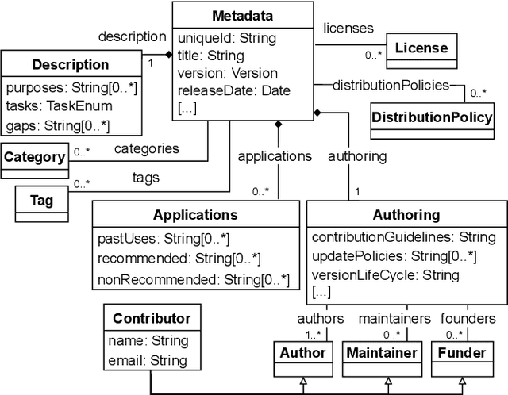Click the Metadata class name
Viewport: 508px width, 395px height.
[x=242, y=16]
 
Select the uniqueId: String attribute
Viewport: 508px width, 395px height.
[x=226, y=38]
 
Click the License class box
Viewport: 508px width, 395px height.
[x=421, y=48]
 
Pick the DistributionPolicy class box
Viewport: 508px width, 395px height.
[x=432, y=117]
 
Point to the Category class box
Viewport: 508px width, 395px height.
[x=34, y=157]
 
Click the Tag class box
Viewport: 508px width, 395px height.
[x=41, y=201]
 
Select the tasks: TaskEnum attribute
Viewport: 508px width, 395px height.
[x=59, y=106]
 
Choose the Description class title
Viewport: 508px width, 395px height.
[x=70, y=65]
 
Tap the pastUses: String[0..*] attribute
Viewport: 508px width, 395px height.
[x=163, y=238]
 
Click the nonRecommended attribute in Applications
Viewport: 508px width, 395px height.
[x=193, y=279]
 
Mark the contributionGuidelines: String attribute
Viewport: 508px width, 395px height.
[x=403, y=237]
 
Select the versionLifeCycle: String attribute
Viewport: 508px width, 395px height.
[x=385, y=275]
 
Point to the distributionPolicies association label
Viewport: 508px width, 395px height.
[x=391, y=85]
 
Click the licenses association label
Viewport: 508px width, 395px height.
[x=348, y=29]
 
